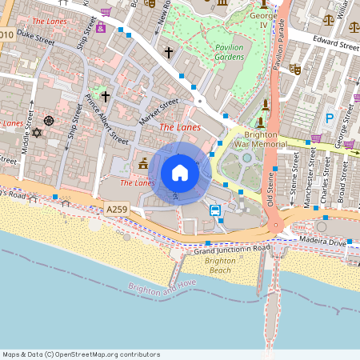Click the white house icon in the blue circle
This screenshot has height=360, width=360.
point(179,173)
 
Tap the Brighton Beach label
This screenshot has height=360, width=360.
point(219,266)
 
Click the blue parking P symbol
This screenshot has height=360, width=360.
point(329,118)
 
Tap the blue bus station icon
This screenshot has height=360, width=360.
point(215,210)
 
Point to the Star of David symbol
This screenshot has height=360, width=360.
point(35,132)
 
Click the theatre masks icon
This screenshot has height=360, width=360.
point(294,70)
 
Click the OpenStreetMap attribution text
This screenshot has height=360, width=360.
point(81,354)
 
